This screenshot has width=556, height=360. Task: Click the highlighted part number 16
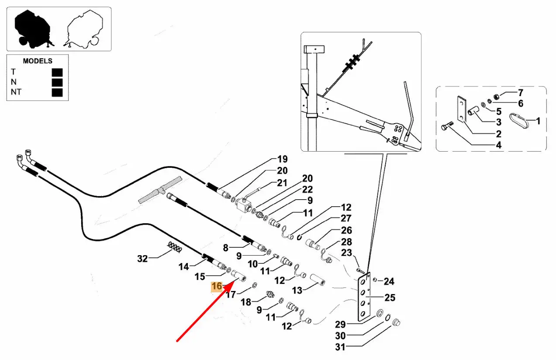pyautogui.click(x=217, y=286)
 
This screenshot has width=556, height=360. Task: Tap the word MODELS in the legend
pyautogui.click(x=38, y=61)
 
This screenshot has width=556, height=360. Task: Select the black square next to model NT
pyautogui.click(x=57, y=92)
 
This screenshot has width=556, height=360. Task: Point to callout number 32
pyautogui.click(x=142, y=259)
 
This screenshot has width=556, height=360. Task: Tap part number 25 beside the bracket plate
pyautogui.click(x=390, y=298)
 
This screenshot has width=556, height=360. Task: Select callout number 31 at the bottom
pyautogui.click(x=340, y=347)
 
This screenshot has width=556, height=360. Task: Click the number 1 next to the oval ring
pyautogui.click(x=538, y=121)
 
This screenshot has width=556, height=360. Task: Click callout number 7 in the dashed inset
pyautogui.click(x=520, y=93)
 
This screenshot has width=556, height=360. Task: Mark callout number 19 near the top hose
pyautogui.click(x=282, y=159)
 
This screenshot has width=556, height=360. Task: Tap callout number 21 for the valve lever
pyautogui.click(x=282, y=183)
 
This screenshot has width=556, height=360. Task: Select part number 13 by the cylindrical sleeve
pyautogui.click(x=297, y=290)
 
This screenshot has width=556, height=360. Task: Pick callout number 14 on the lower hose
pyautogui.click(x=183, y=266)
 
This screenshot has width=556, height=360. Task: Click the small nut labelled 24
pyautogui.click(x=375, y=280)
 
